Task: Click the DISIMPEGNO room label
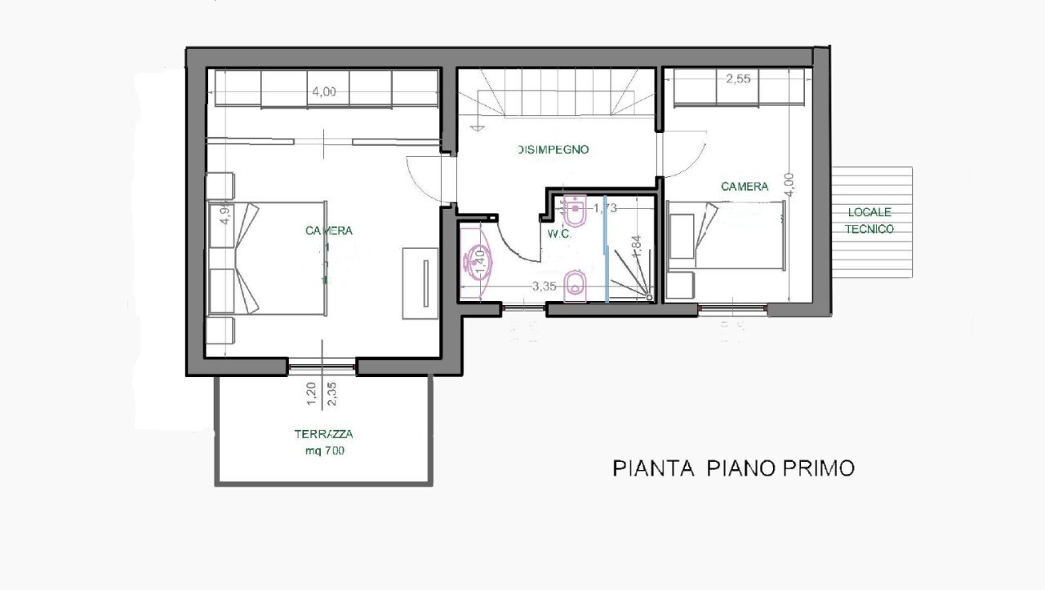[x=553, y=150]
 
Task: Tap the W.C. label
[x=558, y=233]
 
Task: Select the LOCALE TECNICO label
[x=869, y=220]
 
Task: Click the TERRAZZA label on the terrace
[x=324, y=435]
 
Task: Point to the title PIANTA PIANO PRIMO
[x=733, y=468]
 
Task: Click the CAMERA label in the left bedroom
[x=329, y=231]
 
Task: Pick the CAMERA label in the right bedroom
[x=745, y=187]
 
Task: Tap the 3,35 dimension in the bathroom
[x=545, y=286]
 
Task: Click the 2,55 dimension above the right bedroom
[x=738, y=79]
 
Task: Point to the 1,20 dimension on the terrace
[x=312, y=393]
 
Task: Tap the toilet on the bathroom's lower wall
[x=576, y=286]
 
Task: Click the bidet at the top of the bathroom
[x=576, y=211]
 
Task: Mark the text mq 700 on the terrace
[x=324, y=450]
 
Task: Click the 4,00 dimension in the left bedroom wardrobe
[x=323, y=91]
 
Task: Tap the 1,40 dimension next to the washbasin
[x=482, y=263]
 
